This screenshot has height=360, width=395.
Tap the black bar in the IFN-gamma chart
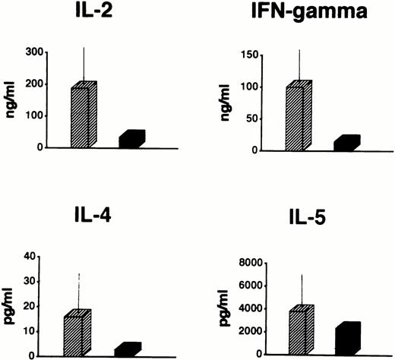[346, 143]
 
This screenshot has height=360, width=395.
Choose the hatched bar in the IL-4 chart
[76, 333]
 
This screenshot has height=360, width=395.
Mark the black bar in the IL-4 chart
[127, 349]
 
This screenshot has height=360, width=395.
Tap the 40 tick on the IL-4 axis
[33, 256]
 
